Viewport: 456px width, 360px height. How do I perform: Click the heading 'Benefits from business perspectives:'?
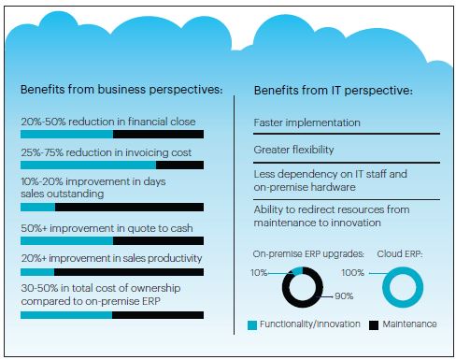pos(121,91)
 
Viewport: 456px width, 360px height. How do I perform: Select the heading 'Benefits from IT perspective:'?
pos(334,91)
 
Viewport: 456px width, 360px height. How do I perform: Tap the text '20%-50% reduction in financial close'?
pos(103,121)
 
